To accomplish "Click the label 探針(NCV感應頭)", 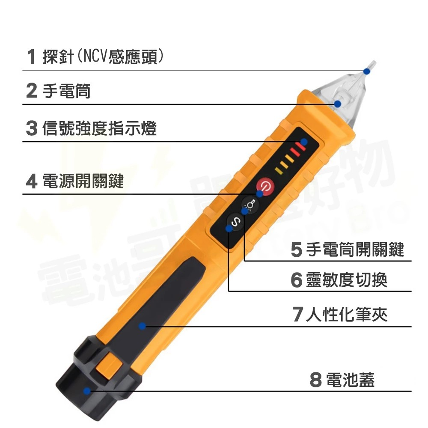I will tap(103, 57).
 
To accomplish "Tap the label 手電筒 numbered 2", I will tap(66, 91).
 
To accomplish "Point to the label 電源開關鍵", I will tap(83, 181).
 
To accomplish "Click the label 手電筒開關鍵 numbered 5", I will tap(355, 249).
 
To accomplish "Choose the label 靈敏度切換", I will tap(347, 280).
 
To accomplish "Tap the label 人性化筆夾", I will tap(347, 315).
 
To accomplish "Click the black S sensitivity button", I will tap(235, 222).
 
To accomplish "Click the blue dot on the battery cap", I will tap(87, 390).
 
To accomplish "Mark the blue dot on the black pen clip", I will tap(143, 326).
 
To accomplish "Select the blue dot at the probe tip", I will tap(366, 71).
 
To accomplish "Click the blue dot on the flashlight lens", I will tap(338, 104).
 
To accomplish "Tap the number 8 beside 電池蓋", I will tap(315, 380).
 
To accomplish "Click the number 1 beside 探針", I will tap(31, 57).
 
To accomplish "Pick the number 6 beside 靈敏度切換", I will tap(296, 280).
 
